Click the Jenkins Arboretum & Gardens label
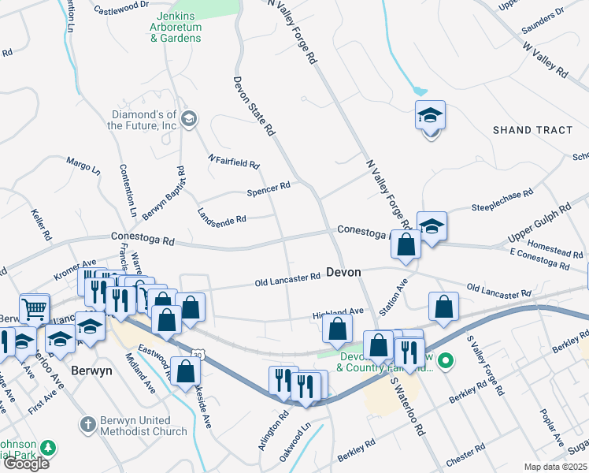[176, 27]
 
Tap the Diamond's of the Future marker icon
[188, 119]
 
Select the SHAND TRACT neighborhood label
[532, 129]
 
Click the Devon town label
[343, 272]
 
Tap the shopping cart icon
[35, 309]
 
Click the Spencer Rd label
[269, 188]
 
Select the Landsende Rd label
[222, 215]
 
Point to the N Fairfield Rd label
[233, 162]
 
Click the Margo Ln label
[83, 166]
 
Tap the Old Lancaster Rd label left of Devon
[287, 279]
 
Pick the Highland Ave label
[338, 311]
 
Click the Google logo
[25, 464]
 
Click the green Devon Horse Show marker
[446, 362]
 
